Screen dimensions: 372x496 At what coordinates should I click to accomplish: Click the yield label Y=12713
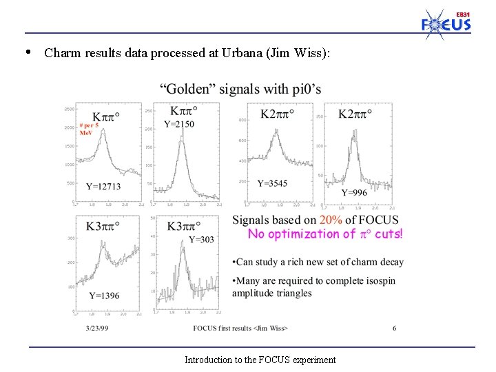[x=103, y=186]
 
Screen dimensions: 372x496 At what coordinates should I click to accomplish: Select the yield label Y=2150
[x=179, y=124]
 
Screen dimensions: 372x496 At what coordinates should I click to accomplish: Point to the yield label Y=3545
[x=272, y=183]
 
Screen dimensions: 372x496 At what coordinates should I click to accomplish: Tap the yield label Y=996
[x=354, y=193]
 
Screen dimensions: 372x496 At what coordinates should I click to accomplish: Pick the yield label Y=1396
[x=104, y=296]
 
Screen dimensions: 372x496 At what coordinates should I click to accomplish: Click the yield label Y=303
[x=201, y=239]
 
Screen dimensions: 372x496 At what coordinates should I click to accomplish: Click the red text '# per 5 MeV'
[x=88, y=129]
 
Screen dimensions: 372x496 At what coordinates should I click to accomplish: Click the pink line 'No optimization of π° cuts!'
[x=325, y=234]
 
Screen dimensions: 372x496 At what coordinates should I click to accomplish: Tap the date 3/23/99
[x=98, y=329]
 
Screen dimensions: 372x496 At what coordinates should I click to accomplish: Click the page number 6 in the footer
[x=394, y=329]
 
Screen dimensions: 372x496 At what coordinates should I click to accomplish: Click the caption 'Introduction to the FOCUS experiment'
[x=260, y=360]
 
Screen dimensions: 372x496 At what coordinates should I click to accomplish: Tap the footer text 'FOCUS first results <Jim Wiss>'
[x=240, y=329]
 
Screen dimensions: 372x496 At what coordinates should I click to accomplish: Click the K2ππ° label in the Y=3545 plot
[x=278, y=113]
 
